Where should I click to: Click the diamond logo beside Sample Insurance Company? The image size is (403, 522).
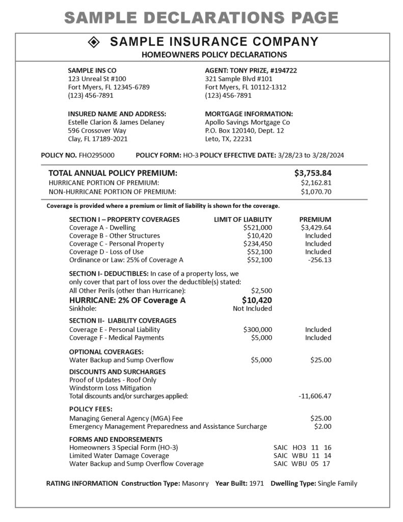[x=95, y=42]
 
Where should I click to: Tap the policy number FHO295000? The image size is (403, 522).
[x=97, y=155]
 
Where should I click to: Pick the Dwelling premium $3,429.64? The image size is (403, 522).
[x=316, y=227]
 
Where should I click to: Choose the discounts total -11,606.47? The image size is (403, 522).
[x=314, y=396]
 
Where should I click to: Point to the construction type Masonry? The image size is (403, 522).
[x=195, y=483]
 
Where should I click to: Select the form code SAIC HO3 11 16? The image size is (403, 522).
[x=302, y=448]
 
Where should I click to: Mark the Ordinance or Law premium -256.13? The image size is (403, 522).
[x=319, y=260]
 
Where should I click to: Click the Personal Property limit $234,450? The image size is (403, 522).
[x=257, y=244]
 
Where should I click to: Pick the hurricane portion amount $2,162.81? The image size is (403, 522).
[x=316, y=182]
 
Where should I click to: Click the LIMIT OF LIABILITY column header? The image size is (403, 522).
[x=243, y=219]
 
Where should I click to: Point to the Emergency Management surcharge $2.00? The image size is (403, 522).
[x=323, y=426]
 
